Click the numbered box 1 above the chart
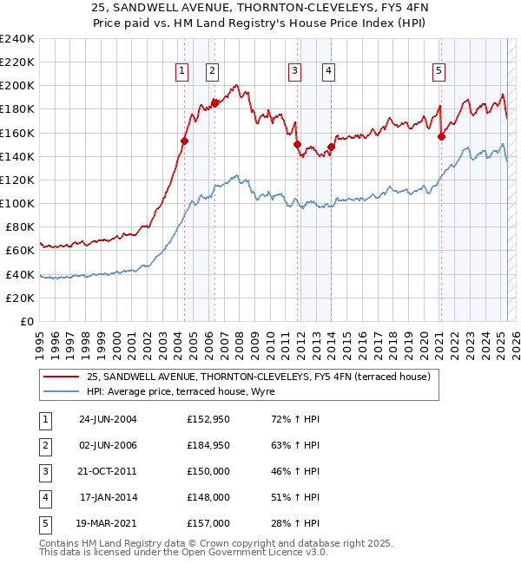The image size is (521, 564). (x=182, y=72)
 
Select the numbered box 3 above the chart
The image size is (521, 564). (x=295, y=72)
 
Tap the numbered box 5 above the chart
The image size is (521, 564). (x=439, y=72)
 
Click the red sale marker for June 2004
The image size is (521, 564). (x=184, y=141)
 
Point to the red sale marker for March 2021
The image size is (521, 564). (x=441, y=136)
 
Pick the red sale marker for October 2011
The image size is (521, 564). (x=297, y=144)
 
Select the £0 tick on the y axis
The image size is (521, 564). (x=27, y=321)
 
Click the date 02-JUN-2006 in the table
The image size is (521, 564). (x=108, y=446)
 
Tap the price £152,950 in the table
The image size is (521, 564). (x=208, y=420)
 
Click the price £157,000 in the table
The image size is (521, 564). (x=208, y=524)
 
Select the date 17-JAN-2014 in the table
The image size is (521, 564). (x=109, y=498)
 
